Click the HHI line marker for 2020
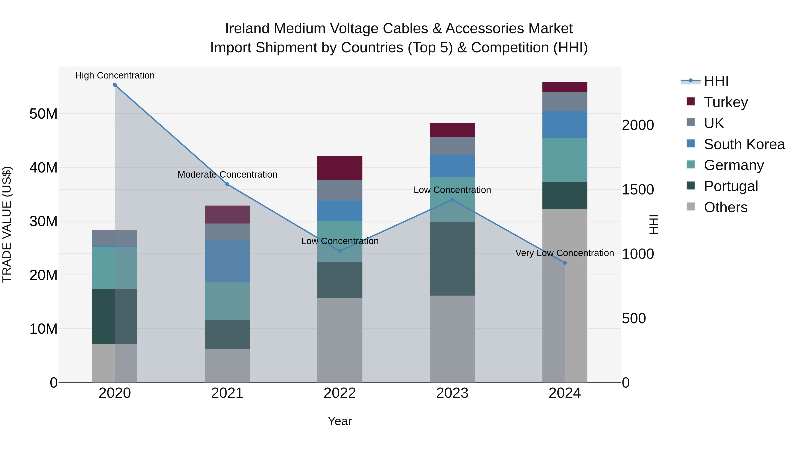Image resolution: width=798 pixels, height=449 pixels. point(115,85)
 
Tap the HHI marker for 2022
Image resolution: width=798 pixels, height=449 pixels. point(340,251)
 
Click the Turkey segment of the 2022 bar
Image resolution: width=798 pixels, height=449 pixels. point(340,168)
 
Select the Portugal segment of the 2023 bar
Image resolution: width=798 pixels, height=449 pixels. point(452,259)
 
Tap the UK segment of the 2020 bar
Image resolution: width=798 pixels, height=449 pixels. point(115,238)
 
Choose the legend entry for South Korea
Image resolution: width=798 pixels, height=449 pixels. point(743,144)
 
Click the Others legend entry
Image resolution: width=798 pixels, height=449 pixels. point(725,207)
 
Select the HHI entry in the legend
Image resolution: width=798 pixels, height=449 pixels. point(716,81)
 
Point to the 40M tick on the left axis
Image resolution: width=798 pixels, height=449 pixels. point(43,168)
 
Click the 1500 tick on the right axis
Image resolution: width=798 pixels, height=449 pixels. point(638,190)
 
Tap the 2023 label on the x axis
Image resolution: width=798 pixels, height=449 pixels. point(452,393)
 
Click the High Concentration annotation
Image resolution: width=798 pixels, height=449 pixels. point(115,75)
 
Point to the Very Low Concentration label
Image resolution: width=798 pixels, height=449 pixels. point(564,253)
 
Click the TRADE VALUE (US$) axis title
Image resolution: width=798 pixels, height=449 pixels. point(7,224)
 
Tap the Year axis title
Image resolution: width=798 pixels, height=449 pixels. point(340,421)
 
